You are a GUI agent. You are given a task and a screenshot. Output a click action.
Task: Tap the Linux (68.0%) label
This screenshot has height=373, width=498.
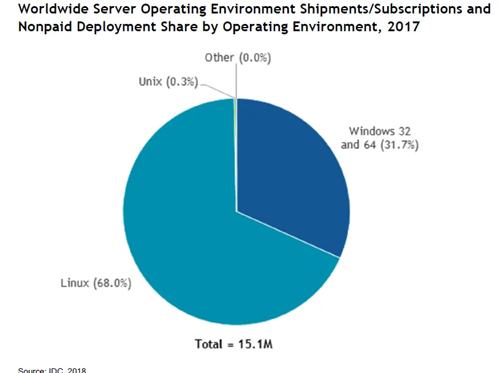[x=96, y=284]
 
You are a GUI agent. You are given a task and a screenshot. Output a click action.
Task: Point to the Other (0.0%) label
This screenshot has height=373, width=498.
[x=238, y=58]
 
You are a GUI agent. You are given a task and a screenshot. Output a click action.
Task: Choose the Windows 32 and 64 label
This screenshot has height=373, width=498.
[x=383, y=138]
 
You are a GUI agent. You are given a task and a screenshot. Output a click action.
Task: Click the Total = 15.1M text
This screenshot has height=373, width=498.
[x=233, y=344]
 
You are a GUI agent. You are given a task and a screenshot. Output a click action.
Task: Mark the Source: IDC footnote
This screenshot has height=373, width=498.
[x=52, y=370]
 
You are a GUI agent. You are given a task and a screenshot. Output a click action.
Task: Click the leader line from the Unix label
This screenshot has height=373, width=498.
[x=217, y=89]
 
